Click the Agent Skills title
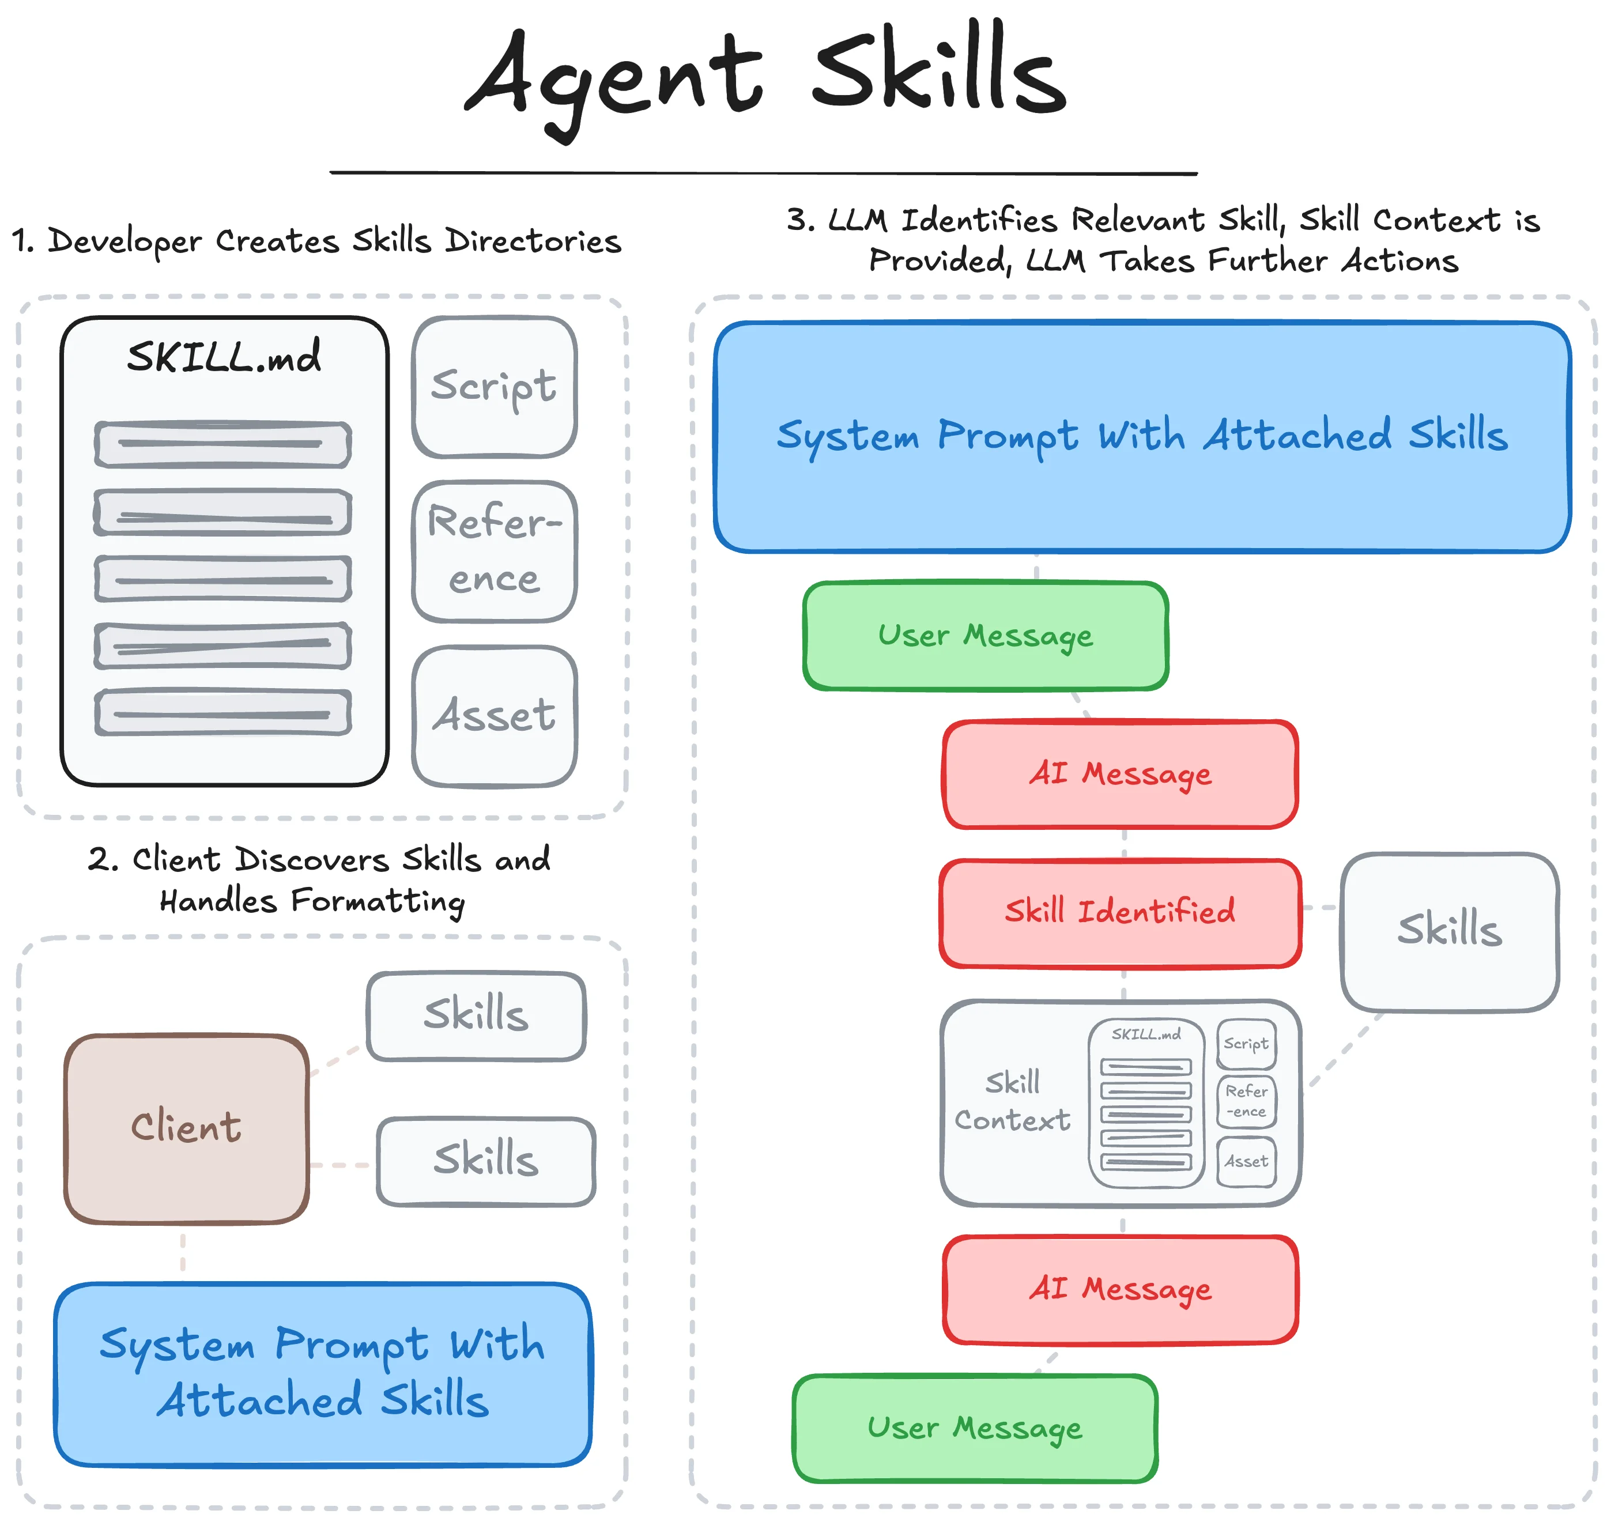[x=765, y=77]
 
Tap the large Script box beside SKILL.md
[x=493, y=386]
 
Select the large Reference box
[x=493, y=551]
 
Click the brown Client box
[x=186, y=1128]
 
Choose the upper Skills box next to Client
[x=476, y=1015]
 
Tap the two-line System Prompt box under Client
[x=322, y=1373]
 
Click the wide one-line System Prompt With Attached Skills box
[x=1141, y=437]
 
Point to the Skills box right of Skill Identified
[x=1448, y=931]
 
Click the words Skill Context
[x=1012, y=1101]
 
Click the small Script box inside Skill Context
[x=1246, y=1044]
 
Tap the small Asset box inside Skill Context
[x=1246, y=1162]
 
